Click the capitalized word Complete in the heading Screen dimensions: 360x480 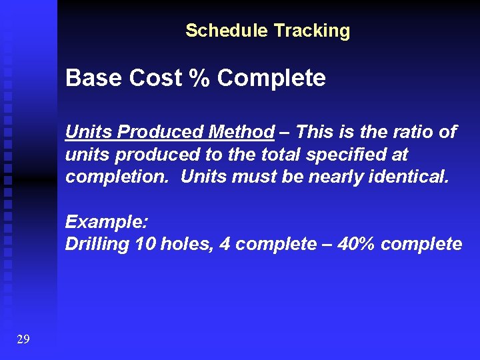click(271, 79)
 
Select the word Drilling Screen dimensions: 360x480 click(97, 245)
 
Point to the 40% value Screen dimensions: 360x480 click(357, 244)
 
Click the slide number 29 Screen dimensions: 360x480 click(23, 340)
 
